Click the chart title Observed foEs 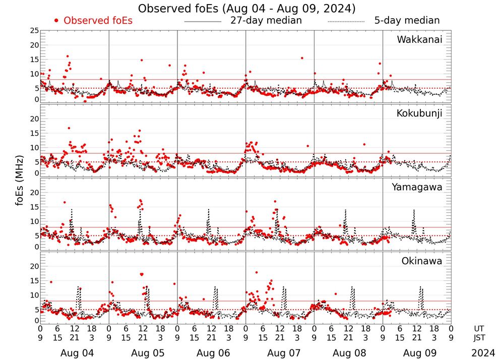click(x=246, y=9)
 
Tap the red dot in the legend click(x=56, y=21)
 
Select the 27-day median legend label click(x=266, y=21)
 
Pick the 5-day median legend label click(x=407, y=21)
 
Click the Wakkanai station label click(x=419, y=40)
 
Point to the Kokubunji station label click(x=418, y=113)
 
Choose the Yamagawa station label click(x=417, y=187)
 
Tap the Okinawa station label click(x=422, y=261)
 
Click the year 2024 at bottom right click(x=483, y=353)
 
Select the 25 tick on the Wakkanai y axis click(x=34, y=31)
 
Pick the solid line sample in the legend click(x=203, y=22)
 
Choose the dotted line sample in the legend click(x=346, y=22)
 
